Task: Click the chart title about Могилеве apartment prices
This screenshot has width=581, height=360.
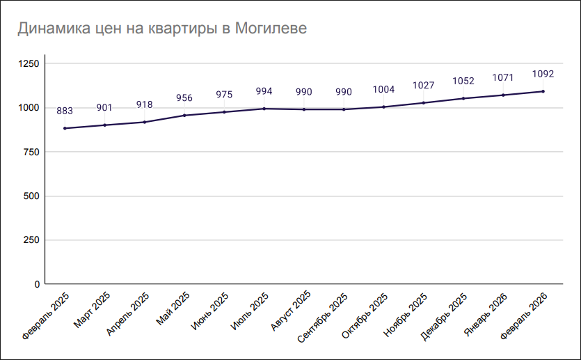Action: pyautogui.click(x=162, y=29)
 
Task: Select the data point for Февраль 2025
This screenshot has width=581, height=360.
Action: pyautogui.click(x=65, y=128)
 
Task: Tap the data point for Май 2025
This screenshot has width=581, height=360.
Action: pyautogui.click(x=184, y=115)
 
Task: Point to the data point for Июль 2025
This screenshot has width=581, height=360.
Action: pyautogui.click(x=264, y=109)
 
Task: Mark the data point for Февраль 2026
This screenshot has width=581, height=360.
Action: pyautogui.click(x=543, y=91)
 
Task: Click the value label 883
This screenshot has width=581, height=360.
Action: pyautogui.click(x=65, y=111)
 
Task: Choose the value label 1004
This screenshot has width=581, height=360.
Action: pyautogui.click(x=383, y=89)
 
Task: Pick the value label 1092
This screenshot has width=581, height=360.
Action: pyautogui.click(x=543, y=74)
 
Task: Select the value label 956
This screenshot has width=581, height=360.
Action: pyautogui.click(x=184, y=97)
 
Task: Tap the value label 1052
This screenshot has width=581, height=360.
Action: pyautogui.click(x=463, y=81)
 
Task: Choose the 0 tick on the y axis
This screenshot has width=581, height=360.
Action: pyautogui.click(x=37, y=284)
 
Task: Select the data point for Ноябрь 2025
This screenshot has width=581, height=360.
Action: pyautogui.click(x=423, y=103)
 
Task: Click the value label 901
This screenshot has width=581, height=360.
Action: pyautogui.click(x=104, y=108)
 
